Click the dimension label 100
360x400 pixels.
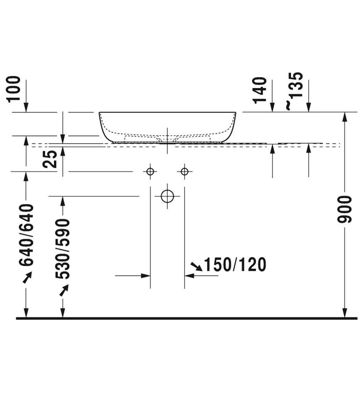14,89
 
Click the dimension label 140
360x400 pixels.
260,90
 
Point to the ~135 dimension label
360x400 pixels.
295,91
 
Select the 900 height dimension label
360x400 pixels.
344,209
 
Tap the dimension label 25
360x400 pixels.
50,159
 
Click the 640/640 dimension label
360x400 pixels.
26,235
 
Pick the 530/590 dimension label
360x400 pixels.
63,249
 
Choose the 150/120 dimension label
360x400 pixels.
235,264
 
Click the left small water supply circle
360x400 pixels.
150,171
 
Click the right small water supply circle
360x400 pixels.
185,171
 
